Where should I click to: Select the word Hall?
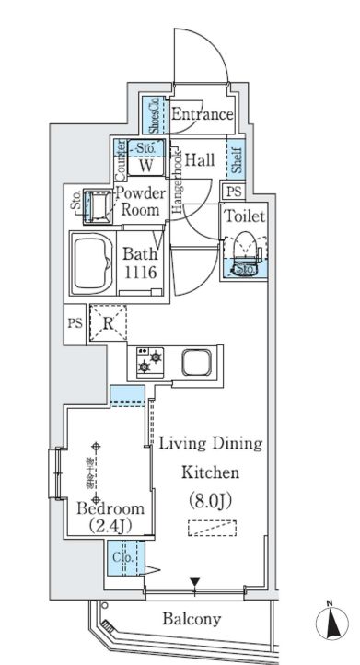200,160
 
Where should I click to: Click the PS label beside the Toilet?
235,191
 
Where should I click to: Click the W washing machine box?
146,167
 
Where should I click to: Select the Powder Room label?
138,201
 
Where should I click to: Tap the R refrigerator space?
108,323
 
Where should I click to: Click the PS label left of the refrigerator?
75,323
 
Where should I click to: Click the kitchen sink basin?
197,361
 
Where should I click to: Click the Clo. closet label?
121,557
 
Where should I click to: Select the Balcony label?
192,618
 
